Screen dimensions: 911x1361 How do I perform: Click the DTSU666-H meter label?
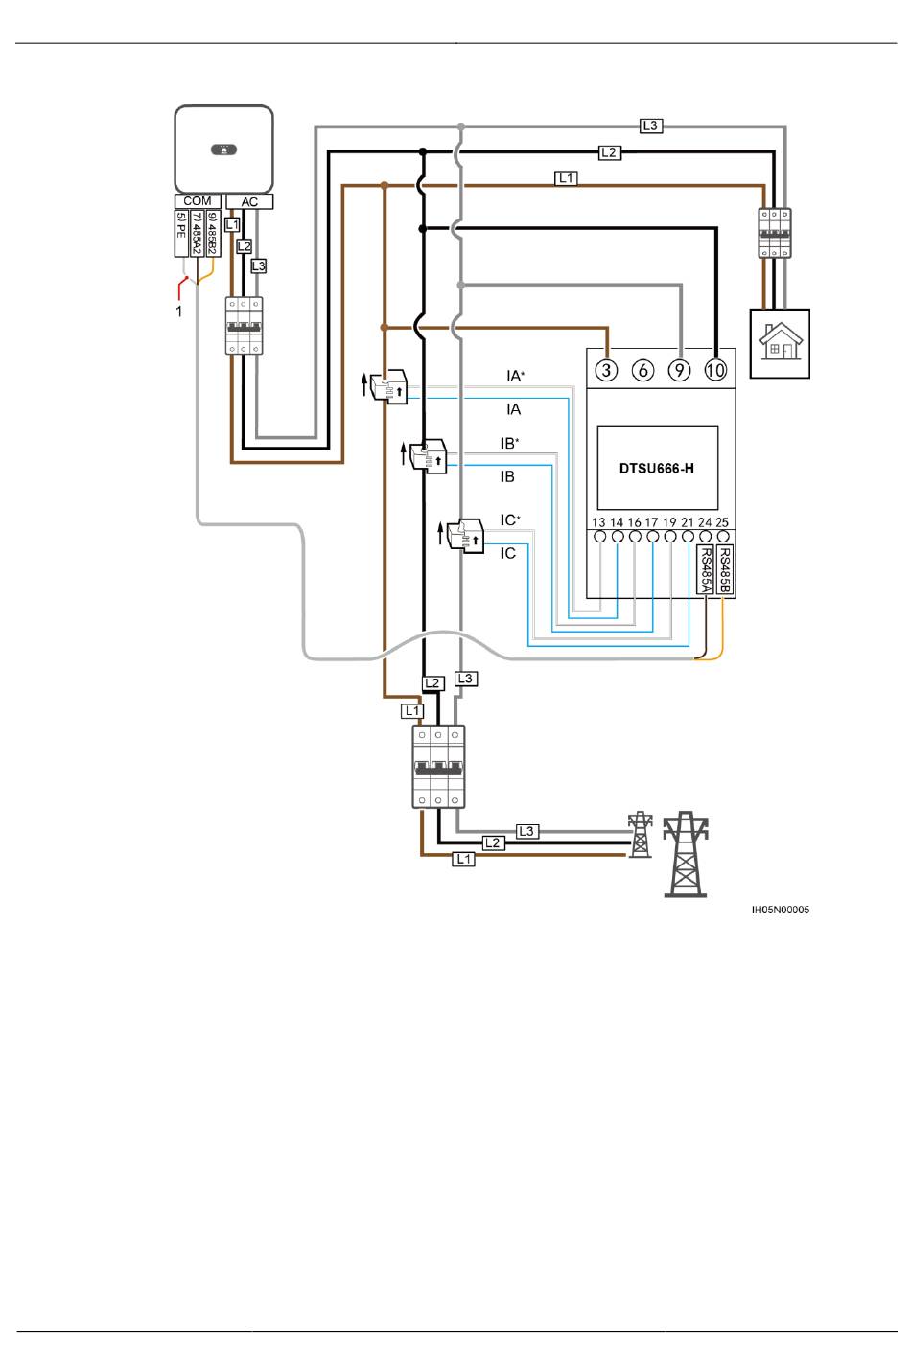656,468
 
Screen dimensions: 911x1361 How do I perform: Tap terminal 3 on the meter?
606,370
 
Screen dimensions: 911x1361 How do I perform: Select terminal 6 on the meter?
643,370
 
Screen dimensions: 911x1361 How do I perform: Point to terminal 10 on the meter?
716,370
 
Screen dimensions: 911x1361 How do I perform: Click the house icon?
780,343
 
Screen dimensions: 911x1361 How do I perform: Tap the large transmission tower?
686,854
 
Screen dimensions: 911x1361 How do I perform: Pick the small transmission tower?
640,834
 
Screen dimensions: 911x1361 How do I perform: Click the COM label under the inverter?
197,201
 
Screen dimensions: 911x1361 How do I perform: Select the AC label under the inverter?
249,201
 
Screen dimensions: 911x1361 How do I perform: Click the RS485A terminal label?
706,569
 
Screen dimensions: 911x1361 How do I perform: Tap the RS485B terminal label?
724,569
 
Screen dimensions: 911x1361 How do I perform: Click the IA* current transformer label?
515,376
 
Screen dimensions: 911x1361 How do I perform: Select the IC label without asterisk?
507,554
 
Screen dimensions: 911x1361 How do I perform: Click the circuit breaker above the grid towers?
438,767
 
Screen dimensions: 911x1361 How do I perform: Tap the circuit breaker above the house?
775,233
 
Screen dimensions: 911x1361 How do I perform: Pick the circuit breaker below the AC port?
244,325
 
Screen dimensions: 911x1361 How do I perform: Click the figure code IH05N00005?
781,910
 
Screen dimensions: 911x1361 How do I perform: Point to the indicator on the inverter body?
223,150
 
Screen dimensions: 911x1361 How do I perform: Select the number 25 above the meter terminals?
722,522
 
